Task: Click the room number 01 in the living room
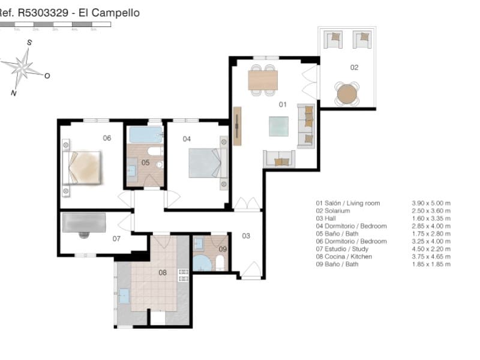pos(283,104)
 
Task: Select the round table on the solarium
pos(347,94)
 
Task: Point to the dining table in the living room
pos(263,80)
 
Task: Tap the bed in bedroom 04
pos(206,163)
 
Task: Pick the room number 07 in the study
pos(116,239)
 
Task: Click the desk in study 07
pos(84,223)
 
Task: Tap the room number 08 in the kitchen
pos(162,273)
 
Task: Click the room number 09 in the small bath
pos(222,249)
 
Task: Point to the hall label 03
pos(246,236)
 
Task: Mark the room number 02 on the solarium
pos(354,68)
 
